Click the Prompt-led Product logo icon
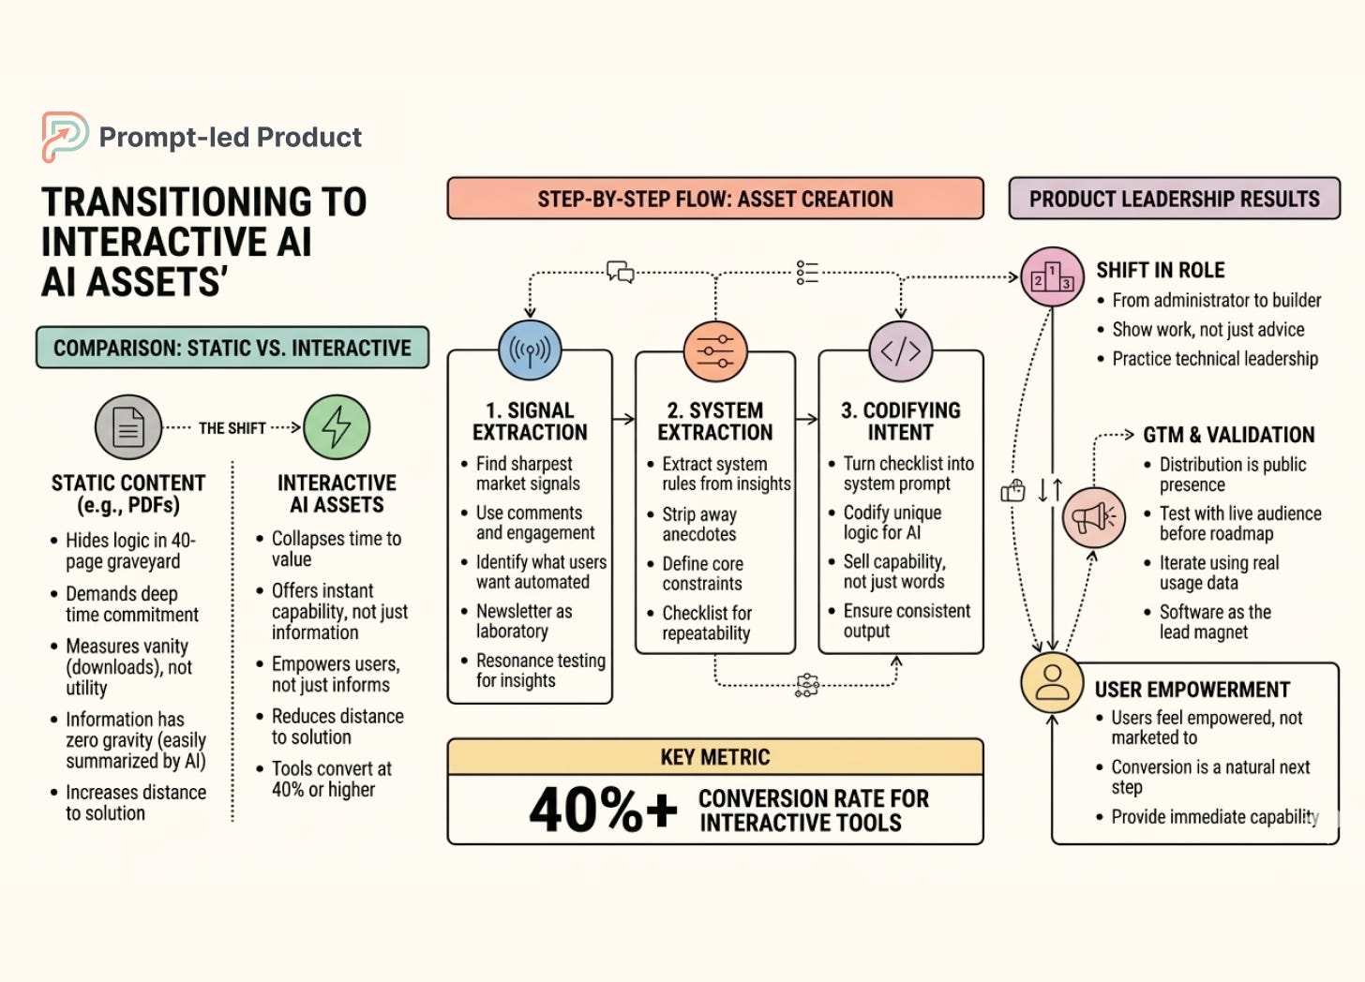point(64,137)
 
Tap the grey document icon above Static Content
point(128,427)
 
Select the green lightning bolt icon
point(337,427)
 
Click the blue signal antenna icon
point(530,350)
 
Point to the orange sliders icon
point(715,351)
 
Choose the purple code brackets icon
point(900,351)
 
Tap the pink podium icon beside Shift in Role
point(1052,277)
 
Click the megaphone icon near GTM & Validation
point(1093,517)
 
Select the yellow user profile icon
point(1052,682)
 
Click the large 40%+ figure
point(602,810)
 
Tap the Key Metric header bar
point(715,757)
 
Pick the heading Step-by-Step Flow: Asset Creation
point(715,199)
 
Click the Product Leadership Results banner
point(1174,199)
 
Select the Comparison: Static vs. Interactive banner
point(232,348)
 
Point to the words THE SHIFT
point(232,428)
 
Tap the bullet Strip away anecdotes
point(699,524)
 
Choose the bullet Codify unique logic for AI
point(892,523)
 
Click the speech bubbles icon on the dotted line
point(620,272)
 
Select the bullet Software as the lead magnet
point(1215,622)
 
